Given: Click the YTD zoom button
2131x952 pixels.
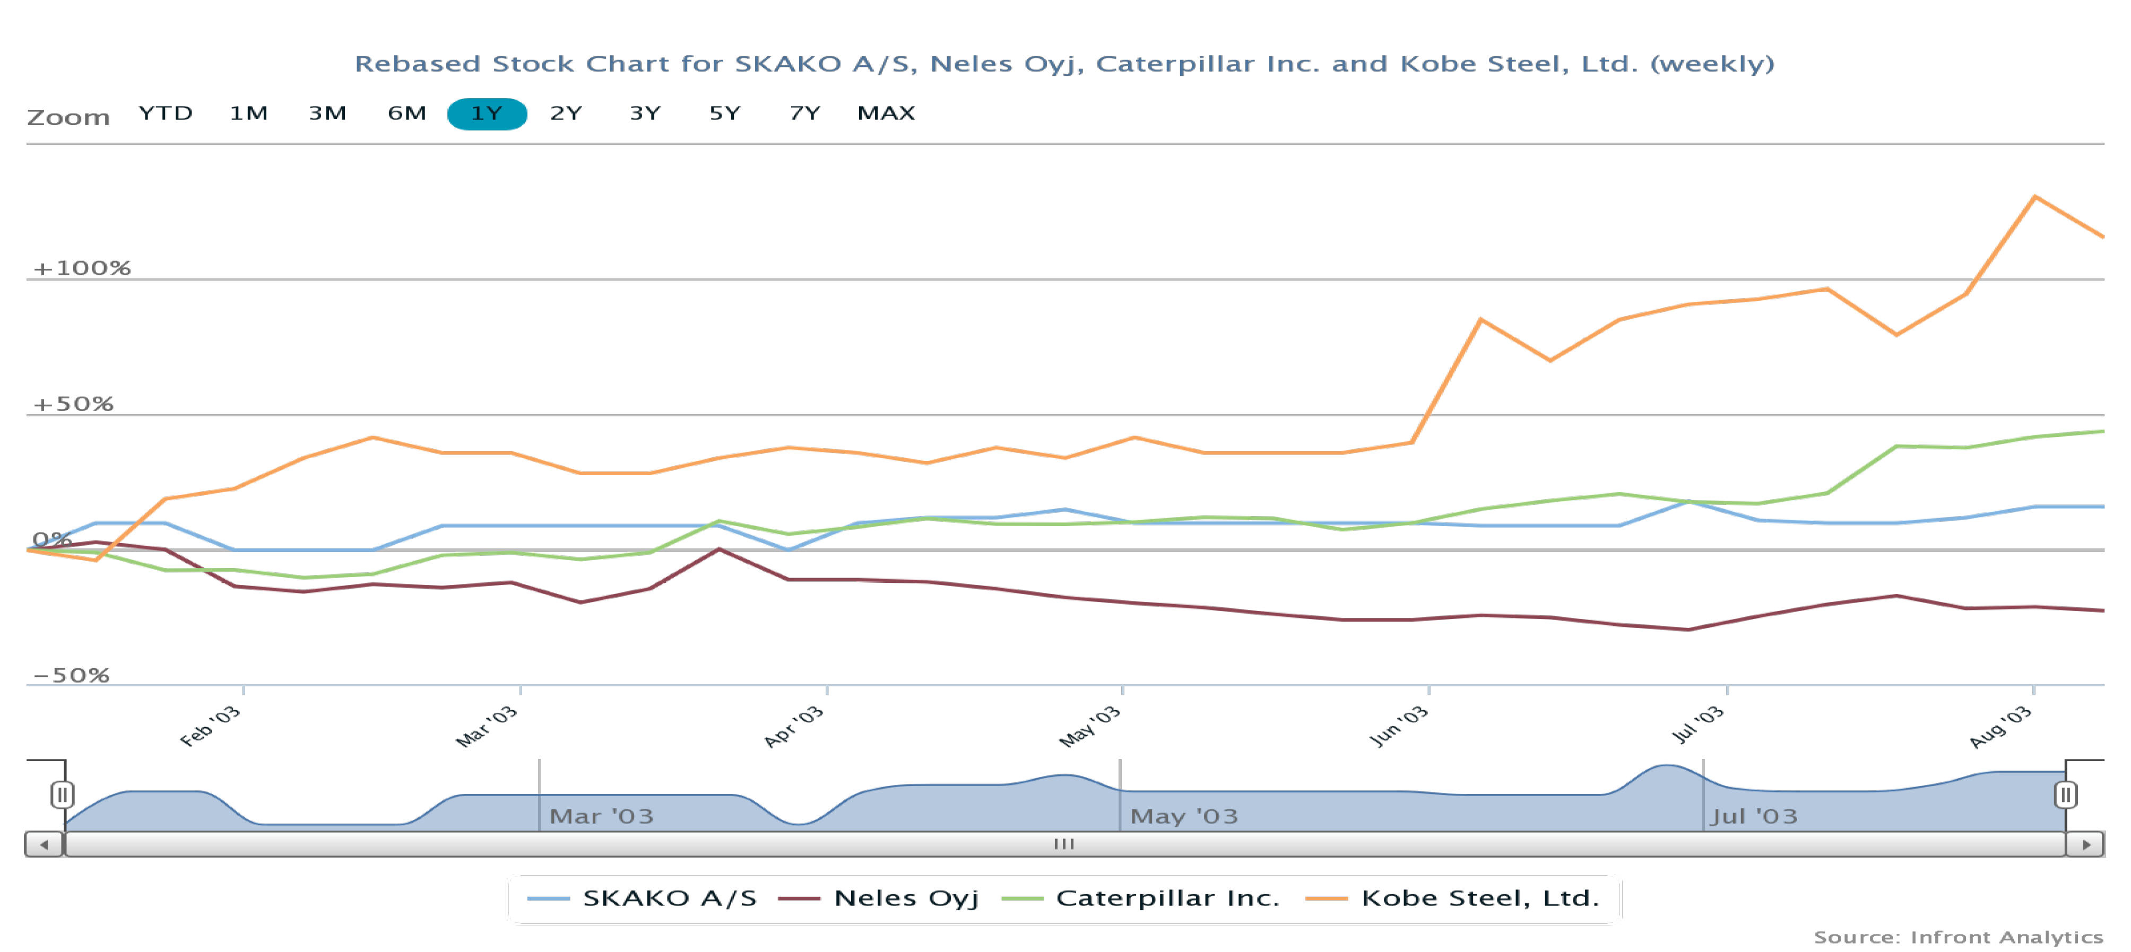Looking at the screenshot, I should [166, 113].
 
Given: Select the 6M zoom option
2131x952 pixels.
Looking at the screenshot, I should [406, 113].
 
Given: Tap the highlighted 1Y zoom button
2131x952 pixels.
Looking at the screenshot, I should [487, 113].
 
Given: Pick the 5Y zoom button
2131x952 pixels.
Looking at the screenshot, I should [725, 113].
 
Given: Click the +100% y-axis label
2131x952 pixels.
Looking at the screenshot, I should [81, 268].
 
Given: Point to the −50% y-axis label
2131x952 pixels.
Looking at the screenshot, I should [71, 675].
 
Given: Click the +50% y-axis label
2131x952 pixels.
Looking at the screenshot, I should [73, 404].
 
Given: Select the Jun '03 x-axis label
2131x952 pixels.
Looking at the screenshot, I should [1399, 726].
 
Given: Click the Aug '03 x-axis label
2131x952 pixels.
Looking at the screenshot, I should [2001, 726].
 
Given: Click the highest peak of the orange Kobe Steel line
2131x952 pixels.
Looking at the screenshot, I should [2035, 196].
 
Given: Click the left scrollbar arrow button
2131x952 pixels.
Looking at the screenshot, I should [45, 844].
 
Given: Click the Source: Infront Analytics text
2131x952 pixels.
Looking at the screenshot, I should [1958, 937].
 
